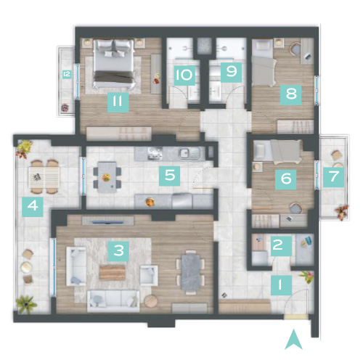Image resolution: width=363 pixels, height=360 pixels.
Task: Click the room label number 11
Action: pyautogui.click(x=118, y=102)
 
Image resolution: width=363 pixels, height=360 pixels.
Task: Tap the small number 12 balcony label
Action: pyautogui.click(x=67, y=74)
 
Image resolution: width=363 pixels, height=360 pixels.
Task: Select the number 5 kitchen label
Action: pyautogui.click(x=169, y=176)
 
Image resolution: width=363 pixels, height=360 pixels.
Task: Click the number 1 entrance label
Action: pyautogui.click(x=281, y=285)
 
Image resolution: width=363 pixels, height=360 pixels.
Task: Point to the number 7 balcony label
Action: pyautogui.click(x=333, y=176)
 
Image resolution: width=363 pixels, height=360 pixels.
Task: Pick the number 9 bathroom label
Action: pyautogui.click(x=231, y=72)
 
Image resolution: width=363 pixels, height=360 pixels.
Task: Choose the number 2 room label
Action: pyautogui.click(x=281, y=246)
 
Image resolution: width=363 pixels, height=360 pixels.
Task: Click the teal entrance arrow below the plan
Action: pyautogui.click(x=293, y=340)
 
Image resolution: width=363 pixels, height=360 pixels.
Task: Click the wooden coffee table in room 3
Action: pyautogui.click(x=113, y=273)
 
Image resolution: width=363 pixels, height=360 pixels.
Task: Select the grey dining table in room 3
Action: pyautogui.click(x=191, y=273)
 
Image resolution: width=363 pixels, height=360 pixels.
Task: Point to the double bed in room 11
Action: pyautogui.click(x=114, y=63)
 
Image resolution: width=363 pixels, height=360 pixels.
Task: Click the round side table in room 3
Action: pyautogui.click(x=151, y=301)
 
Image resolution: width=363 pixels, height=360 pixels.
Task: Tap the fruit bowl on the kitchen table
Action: pyautogui.click(x=106, y=178)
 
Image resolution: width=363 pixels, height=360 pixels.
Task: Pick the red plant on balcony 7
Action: pyautogui.click(x=342, y=212)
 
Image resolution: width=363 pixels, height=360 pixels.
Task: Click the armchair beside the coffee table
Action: pyautogui.click(x=149, y=276)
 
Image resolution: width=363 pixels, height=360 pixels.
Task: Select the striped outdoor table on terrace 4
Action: pyautogui.click(x=44, y=177)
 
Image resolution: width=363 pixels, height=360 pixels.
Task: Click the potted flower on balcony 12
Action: pyautogui.click(x=65, y=108)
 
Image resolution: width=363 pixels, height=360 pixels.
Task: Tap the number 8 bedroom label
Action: pyautogui.click(x=290, y=94)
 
